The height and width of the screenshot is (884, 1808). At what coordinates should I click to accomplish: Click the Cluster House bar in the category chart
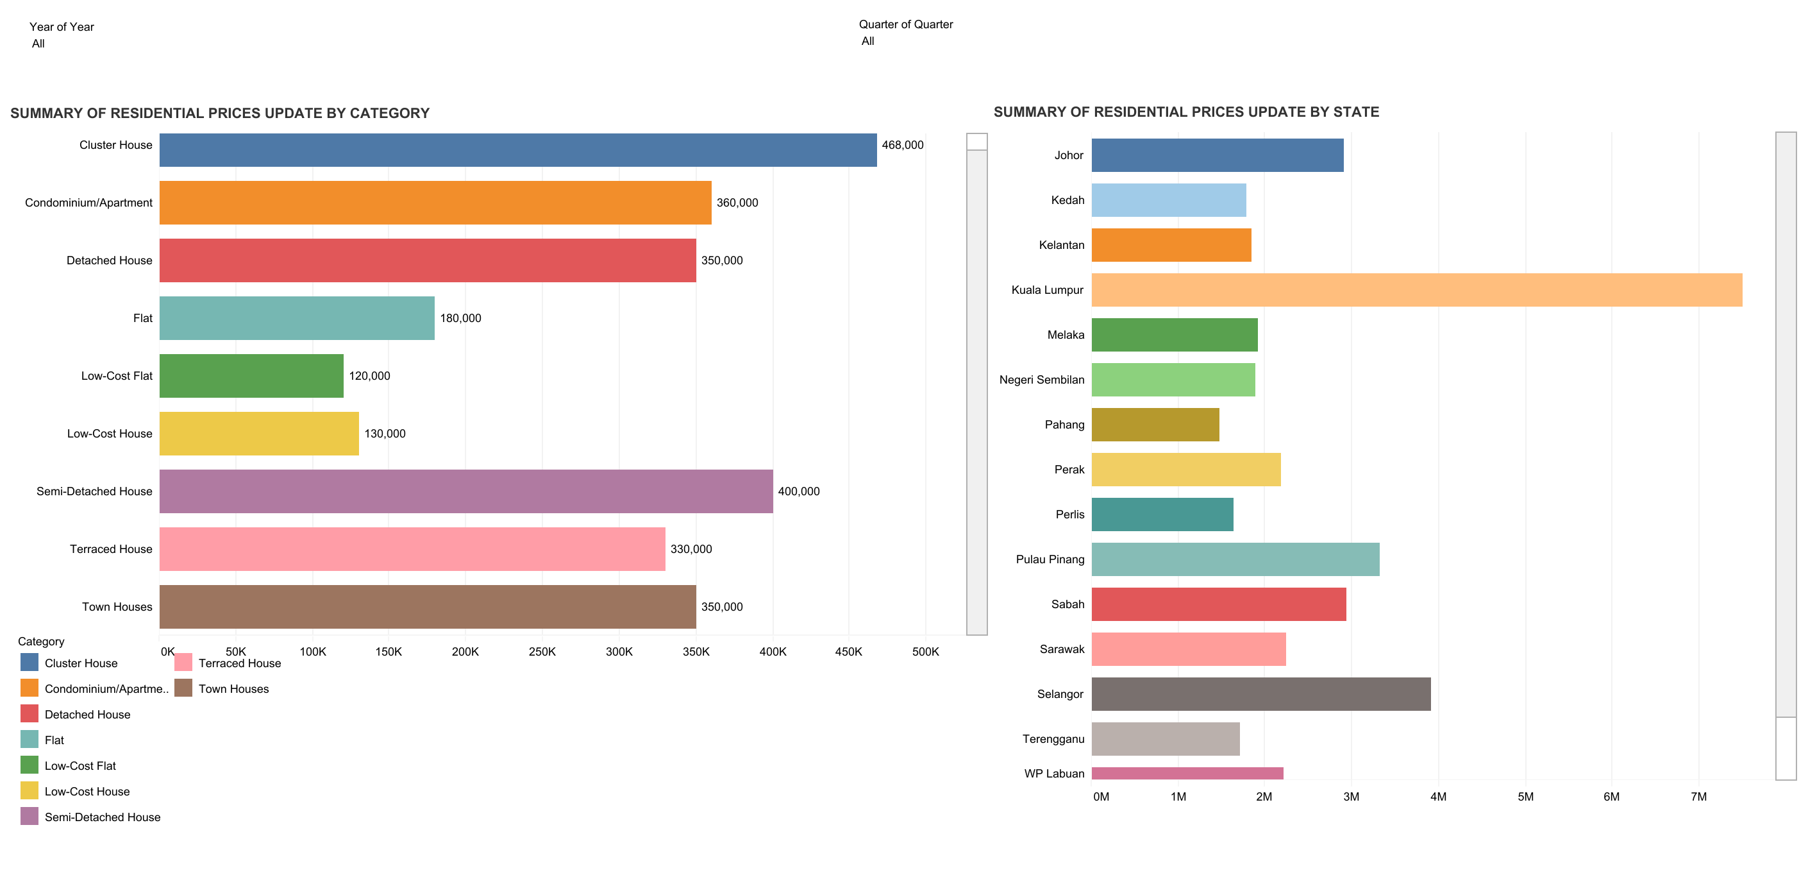click(517, 149)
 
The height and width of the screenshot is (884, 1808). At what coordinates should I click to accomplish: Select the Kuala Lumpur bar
click(1416, 290)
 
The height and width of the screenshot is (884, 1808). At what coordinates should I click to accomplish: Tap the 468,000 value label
click(902, 146)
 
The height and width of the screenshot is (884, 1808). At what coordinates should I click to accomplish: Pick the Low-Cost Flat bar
click(251, 376)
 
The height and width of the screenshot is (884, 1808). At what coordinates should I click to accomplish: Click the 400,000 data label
click(798, 491)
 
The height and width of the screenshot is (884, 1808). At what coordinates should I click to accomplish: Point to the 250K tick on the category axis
click(542, 652)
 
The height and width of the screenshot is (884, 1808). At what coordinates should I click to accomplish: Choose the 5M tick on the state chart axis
click(1525, 797)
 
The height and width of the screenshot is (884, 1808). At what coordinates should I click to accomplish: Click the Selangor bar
click(1260, 693)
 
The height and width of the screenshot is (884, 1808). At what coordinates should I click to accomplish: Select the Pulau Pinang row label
click(1050, 559)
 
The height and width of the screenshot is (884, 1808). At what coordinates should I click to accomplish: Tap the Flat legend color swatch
click(29, 740)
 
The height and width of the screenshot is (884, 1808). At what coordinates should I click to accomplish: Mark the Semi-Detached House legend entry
click(103, 817)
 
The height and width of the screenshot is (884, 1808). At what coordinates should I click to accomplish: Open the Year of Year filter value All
click(38, 44)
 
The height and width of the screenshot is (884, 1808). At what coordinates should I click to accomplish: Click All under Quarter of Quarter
click(867, 40)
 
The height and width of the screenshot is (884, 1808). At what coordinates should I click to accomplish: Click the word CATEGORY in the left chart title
click(389, 113)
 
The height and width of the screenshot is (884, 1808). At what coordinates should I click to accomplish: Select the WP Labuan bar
click(1187, 773)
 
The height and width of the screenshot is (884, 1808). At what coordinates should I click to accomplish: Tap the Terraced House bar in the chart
click(412, 549)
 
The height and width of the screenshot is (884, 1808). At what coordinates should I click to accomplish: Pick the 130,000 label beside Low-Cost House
click(385, 434)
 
